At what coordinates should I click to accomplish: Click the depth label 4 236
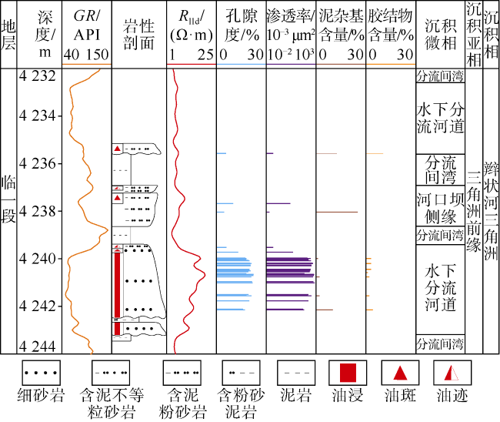(38, 163)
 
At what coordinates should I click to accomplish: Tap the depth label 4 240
(38, 258)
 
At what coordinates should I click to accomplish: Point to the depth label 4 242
(38, 306)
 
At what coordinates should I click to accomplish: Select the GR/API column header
(87, 35)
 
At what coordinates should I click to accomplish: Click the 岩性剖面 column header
(138, 35)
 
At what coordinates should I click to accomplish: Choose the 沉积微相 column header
(440, 35)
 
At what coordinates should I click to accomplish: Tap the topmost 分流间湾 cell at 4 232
(440, 76)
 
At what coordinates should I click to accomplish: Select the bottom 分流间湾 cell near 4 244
(440, 344)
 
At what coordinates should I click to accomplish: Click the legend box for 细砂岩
(41, 373)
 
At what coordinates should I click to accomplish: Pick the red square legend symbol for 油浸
(348, 373)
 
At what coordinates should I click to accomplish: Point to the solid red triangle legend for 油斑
(400, 373)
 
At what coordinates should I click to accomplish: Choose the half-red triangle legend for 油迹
(452, 373)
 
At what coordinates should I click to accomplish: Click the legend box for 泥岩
(296, 373)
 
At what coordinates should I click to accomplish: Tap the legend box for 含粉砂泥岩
(241, 373)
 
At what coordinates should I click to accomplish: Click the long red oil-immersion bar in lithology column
(118, 293)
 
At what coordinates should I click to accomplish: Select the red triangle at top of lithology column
(118, 149)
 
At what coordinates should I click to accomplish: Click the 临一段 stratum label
(8, 199)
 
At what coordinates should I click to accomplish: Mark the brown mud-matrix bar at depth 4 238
(337, 212)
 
